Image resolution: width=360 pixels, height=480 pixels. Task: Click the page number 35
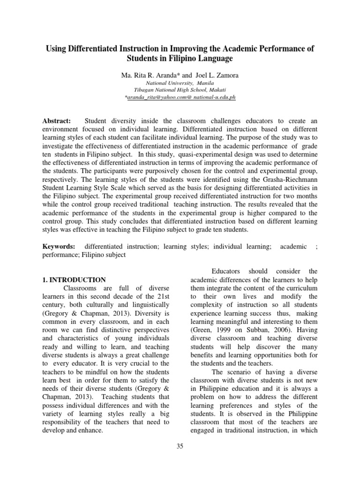tap(180, 446)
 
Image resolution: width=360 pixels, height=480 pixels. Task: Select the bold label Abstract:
tap(57, 121)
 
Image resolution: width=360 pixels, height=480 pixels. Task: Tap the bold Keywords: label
tap(59, 247)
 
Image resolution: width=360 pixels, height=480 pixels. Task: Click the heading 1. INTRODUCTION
tap(75, 280)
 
